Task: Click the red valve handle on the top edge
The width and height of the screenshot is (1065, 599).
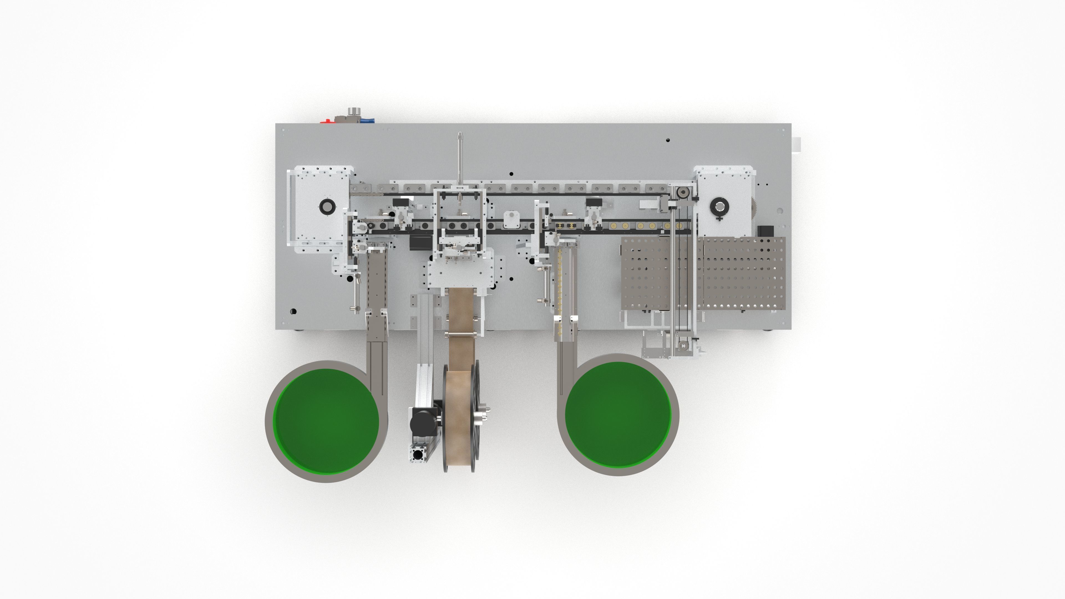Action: pos(327,121)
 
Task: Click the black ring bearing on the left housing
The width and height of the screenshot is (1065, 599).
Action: pos(328,206)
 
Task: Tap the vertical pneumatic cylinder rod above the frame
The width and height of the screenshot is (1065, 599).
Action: pos(459,157)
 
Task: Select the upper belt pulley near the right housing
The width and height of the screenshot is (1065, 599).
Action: pos(682,193)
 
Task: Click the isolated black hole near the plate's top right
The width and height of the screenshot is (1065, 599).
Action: pos(668,140)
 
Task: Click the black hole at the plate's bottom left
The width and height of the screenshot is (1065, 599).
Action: pos(293,311)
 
